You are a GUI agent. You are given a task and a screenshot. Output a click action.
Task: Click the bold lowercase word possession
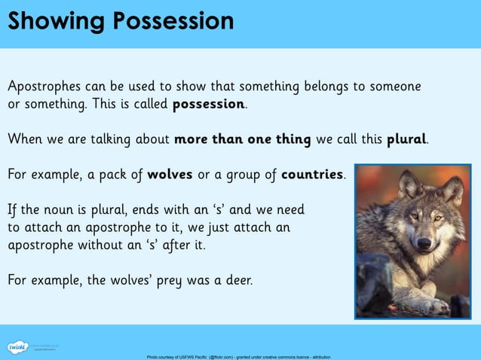(209, 104)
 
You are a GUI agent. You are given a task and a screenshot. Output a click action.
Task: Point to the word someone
(393, 86)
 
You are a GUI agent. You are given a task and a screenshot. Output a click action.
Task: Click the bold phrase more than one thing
(242, 139)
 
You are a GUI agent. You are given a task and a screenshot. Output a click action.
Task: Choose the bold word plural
(406, 139)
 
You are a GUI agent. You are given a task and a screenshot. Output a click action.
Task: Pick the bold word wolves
(170, 175)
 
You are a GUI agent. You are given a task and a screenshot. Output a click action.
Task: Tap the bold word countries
(312, 175)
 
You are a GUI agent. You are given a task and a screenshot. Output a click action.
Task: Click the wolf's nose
(424, 243)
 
